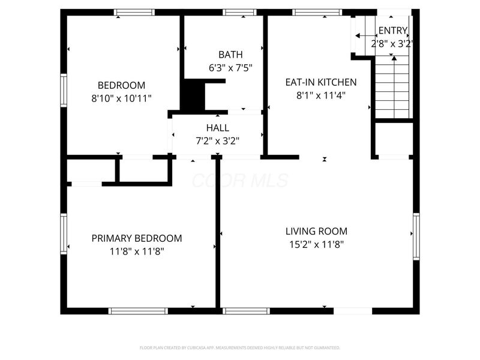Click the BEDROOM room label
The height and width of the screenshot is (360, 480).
tap(122, 85)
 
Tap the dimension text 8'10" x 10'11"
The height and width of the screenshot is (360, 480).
tap(122, 98)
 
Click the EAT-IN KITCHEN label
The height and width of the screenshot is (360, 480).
tap(320, 82)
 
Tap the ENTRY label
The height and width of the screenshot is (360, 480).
tap(393, 31)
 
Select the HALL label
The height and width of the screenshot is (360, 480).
tap(217, 128)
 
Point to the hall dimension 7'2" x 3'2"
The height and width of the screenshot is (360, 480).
tap(217, 141)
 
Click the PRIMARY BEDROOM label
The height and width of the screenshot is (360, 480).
tap(137, 238)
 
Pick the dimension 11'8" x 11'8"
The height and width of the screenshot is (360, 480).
tap(137, 251)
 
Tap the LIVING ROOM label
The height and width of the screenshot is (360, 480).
tap(316, 231)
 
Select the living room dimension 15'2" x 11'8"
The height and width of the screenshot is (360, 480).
tap(316, 244)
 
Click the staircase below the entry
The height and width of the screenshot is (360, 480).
tap(393, 87)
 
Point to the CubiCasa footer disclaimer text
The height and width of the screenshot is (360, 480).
tap(240, 347)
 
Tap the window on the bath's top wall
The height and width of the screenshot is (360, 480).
tap(240, 12)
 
